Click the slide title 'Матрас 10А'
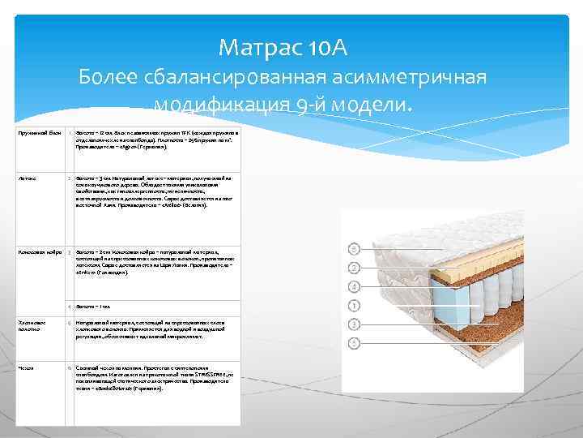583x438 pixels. point(283,49)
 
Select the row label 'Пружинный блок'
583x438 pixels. point(38,131)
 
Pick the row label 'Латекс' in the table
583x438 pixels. point(25,177)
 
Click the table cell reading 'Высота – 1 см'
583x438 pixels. point(93,307)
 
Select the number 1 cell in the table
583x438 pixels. point(70,131)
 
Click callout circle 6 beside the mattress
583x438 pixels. point(353,247)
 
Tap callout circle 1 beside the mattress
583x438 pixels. point(353,306)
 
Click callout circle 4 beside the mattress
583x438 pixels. point(353,286)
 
